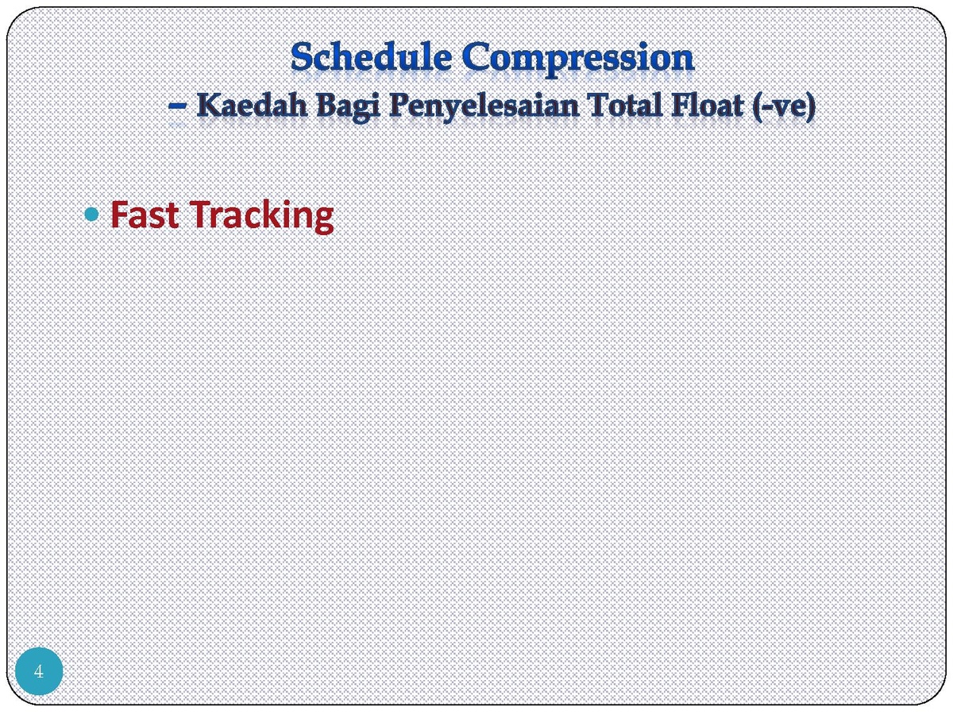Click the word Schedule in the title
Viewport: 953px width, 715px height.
[x=371, y=56]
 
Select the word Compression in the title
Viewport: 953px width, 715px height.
[x=577, y=60]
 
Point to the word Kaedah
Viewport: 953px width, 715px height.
[x=252, y=106]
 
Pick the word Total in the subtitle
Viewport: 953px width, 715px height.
[x=625, y=106]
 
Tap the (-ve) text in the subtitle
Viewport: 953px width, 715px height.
[x=784, y=106]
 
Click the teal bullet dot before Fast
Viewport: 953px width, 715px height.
[x=91, y=214]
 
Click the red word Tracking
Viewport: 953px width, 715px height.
[x=261, y=217]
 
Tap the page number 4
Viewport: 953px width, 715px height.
[x=39, y=671]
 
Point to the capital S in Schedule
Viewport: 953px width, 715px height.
[x=303, y=57]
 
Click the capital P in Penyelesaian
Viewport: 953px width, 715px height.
[x=400, y=106]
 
